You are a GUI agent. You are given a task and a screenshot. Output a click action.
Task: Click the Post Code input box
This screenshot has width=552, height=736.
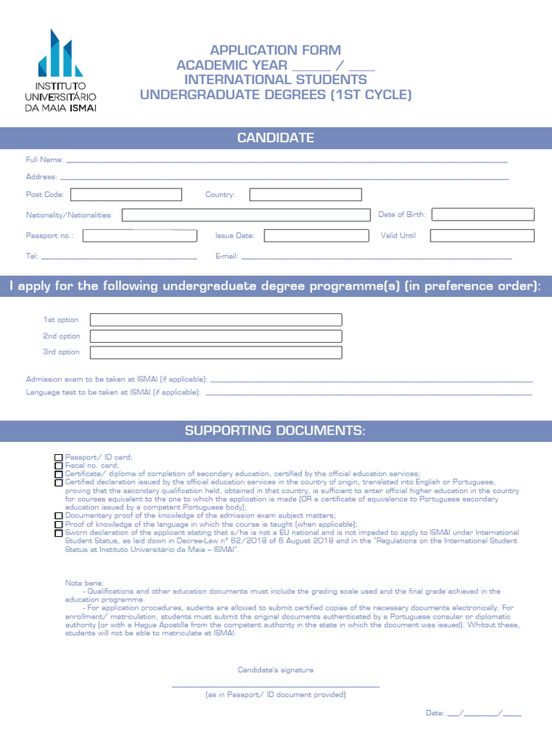(x=126, y=195)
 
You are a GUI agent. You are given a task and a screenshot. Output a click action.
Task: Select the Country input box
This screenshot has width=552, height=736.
(x=305, y=195)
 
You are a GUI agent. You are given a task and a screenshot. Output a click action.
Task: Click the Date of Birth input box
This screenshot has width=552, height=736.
(x=483, y=214)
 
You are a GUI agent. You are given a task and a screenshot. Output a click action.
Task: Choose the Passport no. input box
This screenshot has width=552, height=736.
(x=139, y=236)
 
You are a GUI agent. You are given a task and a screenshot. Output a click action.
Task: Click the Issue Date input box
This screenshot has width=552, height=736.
(x=315, y=236)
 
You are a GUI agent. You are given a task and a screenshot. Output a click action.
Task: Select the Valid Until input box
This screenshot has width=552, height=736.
(x=482, y=236)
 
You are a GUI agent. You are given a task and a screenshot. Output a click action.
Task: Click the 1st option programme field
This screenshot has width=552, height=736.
(x=216, y=320)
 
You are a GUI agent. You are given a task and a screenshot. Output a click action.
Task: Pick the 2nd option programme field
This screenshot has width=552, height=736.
(x=216, y=336)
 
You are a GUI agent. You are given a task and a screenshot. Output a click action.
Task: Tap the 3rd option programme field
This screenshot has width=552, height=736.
(x=216, y=352)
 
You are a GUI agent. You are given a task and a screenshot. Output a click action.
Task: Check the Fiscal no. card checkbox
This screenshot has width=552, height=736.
(x=58, y=466)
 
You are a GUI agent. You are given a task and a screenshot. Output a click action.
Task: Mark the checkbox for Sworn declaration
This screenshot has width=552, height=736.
(x=58, y=533)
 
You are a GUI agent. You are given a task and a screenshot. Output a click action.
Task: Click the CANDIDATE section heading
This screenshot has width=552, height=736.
(x=276, y=138)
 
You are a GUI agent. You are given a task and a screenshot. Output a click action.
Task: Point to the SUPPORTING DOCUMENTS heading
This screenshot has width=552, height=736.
(x=276, y=431)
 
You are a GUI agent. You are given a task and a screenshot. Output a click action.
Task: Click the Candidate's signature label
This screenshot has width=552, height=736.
(x=276, y=670)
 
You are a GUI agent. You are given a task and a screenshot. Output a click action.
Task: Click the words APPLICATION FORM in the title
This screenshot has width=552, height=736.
(x=264, y=50)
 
